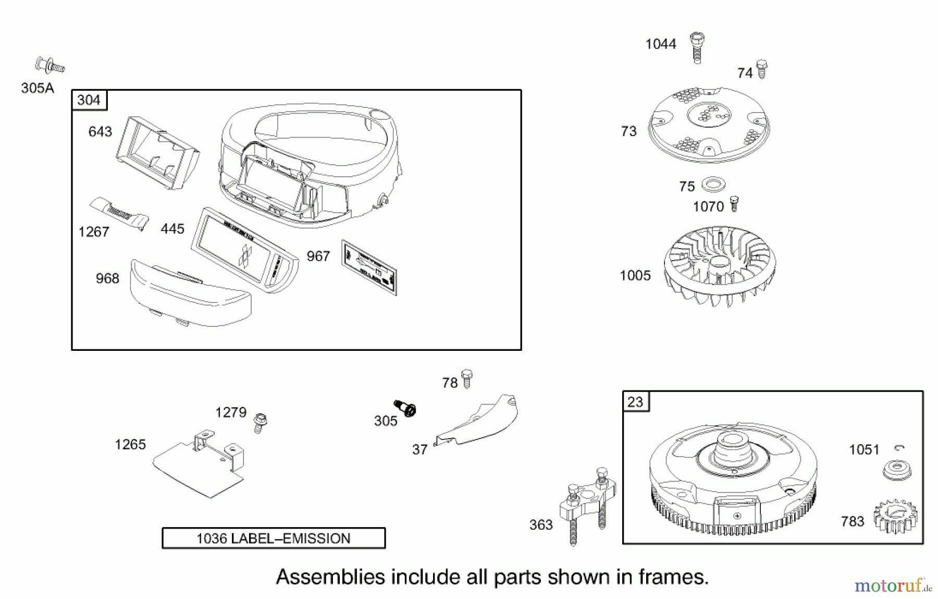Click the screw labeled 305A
tap(50, 66)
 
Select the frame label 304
tap(89, 100)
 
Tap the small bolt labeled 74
tap(761, 69)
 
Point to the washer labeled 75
tap(713, 184)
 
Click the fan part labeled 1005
tap(719, 266)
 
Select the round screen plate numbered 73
tap(709, 124)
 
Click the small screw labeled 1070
tap(734, 203)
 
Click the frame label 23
tap(635, 402)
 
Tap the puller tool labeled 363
tap(587, 503)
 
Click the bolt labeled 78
tap(467, 379)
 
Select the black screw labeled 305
tap(405, 408)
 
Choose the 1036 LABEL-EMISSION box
tap(274, 538)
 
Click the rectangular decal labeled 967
tap(369, 267)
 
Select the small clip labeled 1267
tap(120, 213)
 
